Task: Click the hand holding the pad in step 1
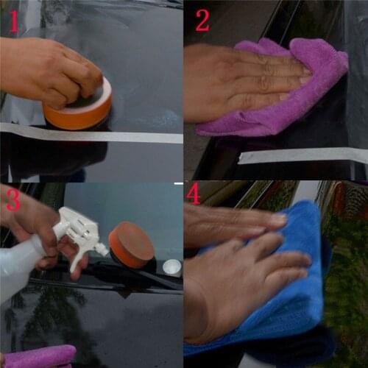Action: point(44,70)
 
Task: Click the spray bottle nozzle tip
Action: point(105,250)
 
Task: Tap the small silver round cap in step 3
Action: point(171,267)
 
